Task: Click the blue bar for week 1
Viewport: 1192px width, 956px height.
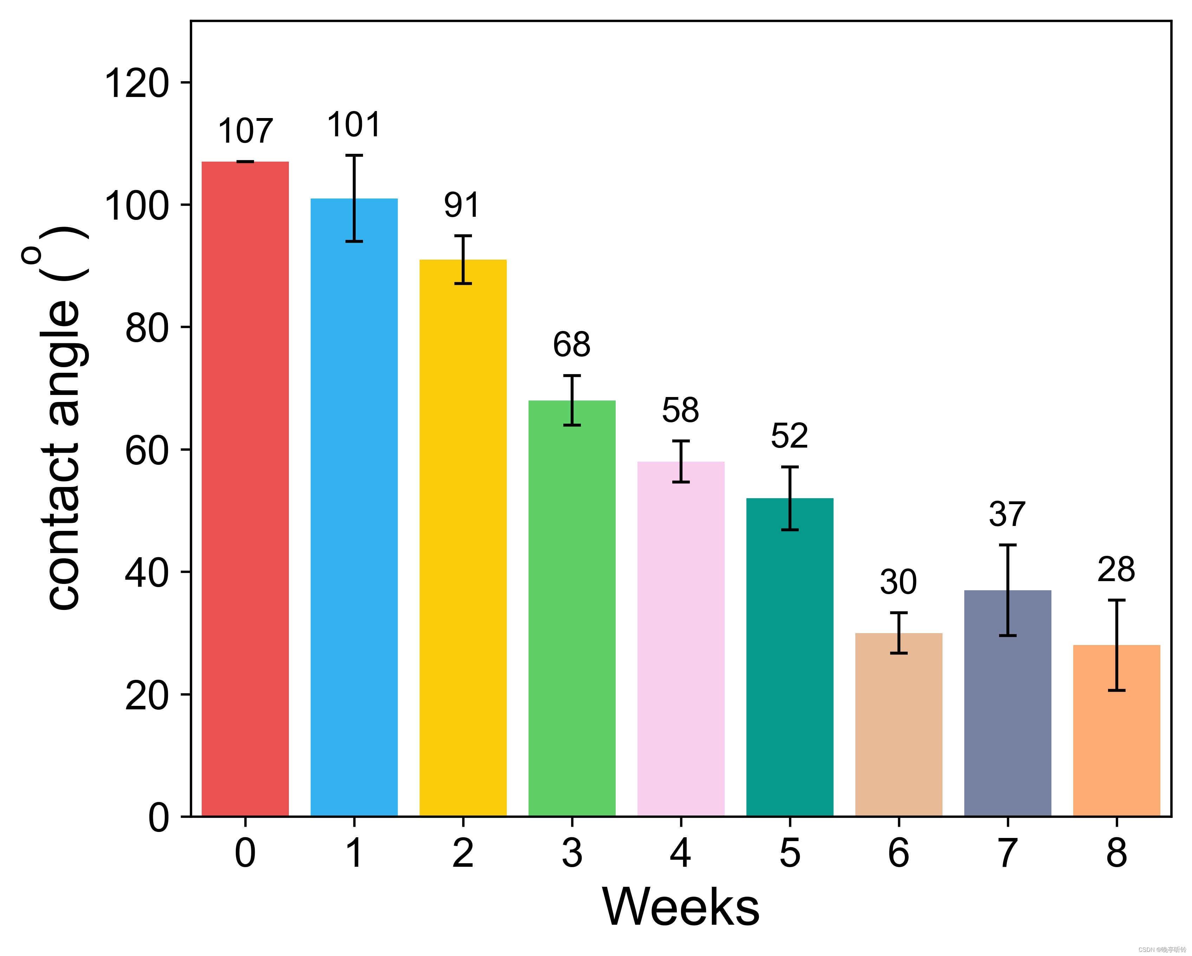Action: pos(354,525)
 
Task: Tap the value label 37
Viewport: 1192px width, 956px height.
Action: pos(1008,514)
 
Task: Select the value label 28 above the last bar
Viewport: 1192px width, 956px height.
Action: pos(1116,570)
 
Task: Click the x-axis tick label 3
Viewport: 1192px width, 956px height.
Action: pos(572,853)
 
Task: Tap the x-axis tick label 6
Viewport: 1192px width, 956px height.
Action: pos(899,853)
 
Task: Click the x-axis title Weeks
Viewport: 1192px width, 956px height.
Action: pos(681,908)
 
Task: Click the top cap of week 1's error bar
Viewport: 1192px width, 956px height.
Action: pos(354,156)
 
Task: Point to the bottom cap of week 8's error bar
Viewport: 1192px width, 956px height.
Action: pos(1116,690)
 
